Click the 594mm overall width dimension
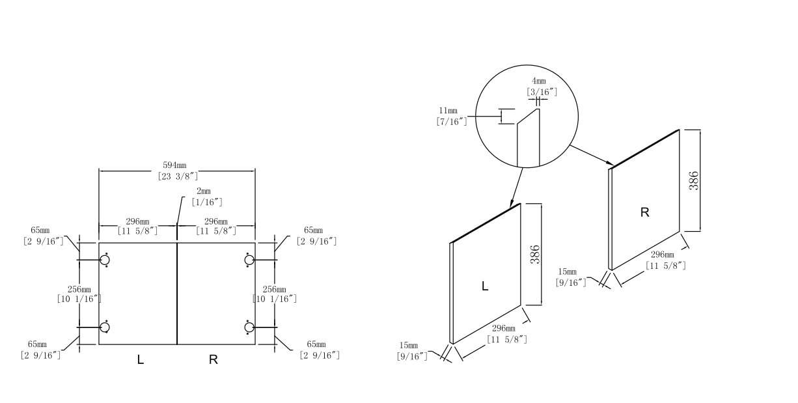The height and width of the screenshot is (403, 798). (178, 171)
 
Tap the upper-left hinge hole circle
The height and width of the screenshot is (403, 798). (104, 260)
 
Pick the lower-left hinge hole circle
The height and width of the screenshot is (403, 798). (104, 327)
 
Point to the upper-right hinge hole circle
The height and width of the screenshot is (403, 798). (249, 260)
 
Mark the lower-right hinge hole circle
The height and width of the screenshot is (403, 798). (249, 327)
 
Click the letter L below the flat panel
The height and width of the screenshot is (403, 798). (141, 359)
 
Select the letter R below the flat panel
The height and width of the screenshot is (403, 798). (213, 359)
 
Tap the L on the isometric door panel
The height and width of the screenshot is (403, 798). (484, 286)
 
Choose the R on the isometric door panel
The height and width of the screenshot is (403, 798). (644, 213)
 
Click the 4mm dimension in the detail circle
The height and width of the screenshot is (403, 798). (540, 87)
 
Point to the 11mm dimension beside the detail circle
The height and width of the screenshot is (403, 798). (452, 116)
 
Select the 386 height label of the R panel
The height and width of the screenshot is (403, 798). (694, 180)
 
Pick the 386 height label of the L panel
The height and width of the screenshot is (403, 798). (535, 254)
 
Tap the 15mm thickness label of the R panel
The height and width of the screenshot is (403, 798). (571, 277)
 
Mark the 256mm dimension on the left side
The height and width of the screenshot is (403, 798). (79, 294)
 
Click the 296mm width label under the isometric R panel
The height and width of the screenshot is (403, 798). (665, 260)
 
